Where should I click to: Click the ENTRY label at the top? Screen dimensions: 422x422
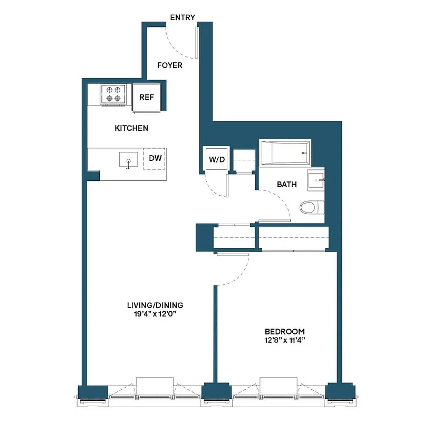click(183, 17)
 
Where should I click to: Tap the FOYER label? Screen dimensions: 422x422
click(170, 65)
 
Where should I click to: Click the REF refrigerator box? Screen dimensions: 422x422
click(146, 98)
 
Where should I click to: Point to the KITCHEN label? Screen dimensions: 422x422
click(131, 128)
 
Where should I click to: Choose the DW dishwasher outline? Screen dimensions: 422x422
click(155, 158)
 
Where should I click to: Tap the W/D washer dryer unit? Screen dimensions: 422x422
click(214, 159)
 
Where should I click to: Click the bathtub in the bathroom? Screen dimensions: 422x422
click(284, 152)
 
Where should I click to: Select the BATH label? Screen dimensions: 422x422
click(287, 185)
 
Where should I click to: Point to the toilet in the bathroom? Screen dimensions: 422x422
click(311, 208)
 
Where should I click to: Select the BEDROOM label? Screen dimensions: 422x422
click(284, 331)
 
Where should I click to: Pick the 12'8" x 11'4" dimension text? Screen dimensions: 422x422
click(284, 340)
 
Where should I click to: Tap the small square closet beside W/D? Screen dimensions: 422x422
click(244, 160)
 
